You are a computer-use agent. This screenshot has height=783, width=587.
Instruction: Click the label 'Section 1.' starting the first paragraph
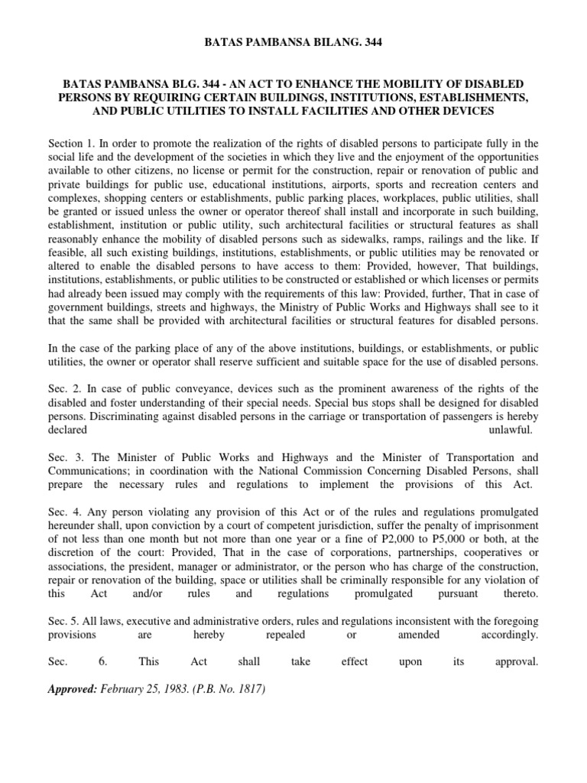coord(71,144)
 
